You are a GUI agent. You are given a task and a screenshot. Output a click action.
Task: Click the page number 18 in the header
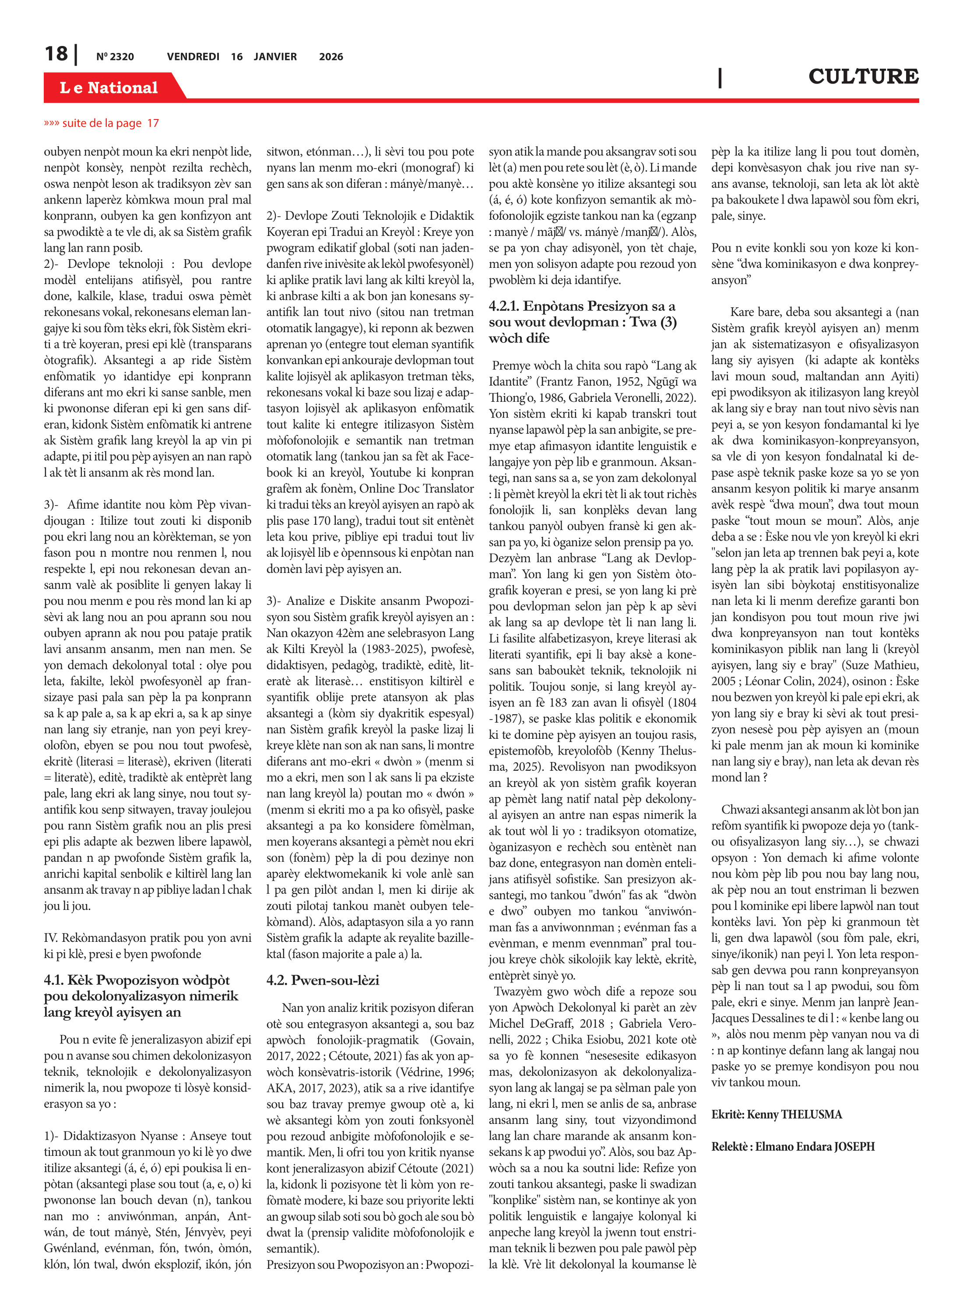[x=56, y=54]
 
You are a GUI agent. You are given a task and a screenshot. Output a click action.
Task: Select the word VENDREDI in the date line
[x=193, y=57]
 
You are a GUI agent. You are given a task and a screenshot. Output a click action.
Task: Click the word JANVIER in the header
[x=275, y=57]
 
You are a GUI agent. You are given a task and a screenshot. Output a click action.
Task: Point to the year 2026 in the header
[x=331, y=57]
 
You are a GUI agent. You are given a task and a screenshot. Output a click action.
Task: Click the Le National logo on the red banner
[x=109, y=88]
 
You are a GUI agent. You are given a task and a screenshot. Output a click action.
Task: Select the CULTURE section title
[x=863, y=76]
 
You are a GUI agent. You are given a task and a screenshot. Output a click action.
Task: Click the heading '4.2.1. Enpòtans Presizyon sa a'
[x=582, y=306]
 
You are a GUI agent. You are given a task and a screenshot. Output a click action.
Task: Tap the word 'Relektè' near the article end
[x=730, y=1146]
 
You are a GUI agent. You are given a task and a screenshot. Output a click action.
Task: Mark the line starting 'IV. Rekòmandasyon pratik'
[x=148, y=937]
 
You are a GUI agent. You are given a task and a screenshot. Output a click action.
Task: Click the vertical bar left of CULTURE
[x=720, y=77]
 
